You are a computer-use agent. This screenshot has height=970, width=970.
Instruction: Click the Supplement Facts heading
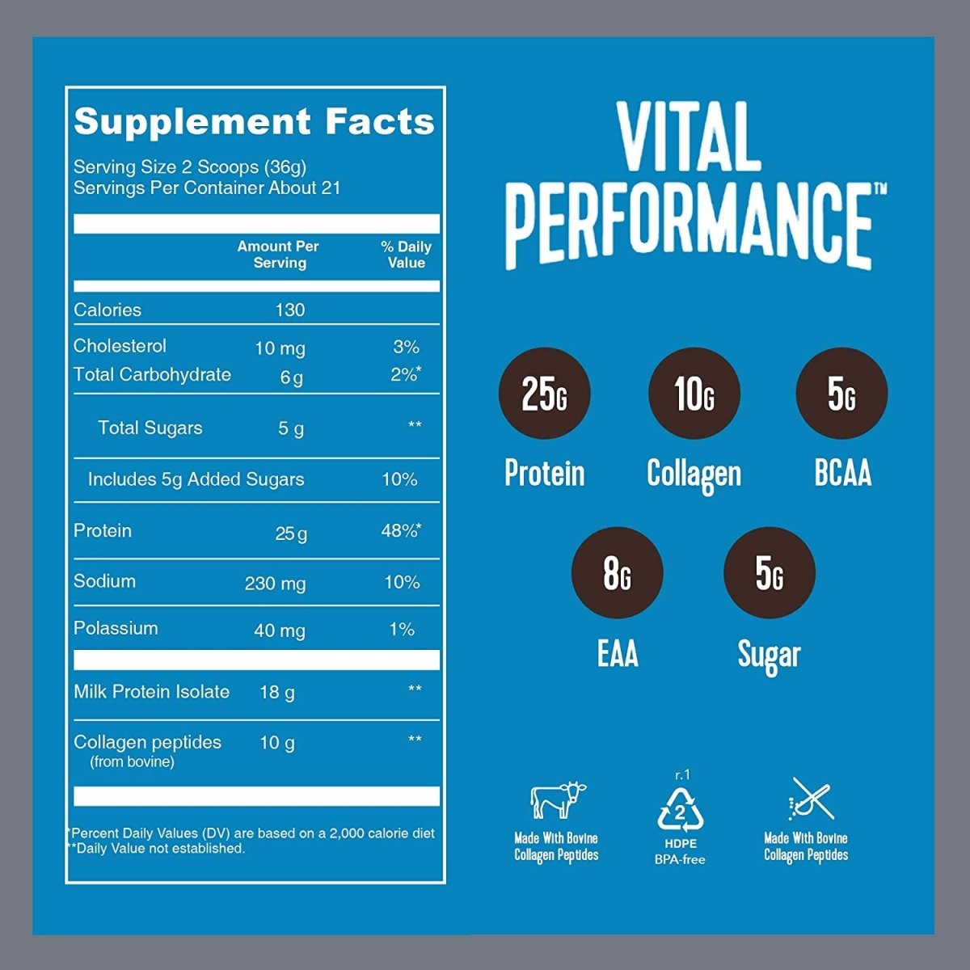coord(254,121)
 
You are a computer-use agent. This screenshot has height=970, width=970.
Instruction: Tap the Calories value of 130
coord(289,310)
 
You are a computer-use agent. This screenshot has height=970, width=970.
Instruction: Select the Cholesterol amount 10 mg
coord(280,348)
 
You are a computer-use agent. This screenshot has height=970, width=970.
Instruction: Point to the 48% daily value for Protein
coord(400,531)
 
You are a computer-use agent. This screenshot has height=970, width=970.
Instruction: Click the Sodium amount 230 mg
coord(275,583)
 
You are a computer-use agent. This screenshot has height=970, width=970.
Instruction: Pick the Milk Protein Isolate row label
coord(151,692)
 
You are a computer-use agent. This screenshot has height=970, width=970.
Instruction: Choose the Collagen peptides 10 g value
coord(276,743)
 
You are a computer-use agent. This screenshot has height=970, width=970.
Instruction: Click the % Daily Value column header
coord(406,255)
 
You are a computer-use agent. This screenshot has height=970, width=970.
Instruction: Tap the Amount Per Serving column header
coord(279,255)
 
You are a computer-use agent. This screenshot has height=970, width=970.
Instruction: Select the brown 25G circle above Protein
coord(544,394)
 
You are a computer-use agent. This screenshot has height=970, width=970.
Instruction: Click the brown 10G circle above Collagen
coord(694,394)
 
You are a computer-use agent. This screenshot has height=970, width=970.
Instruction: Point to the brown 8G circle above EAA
coord(617,573)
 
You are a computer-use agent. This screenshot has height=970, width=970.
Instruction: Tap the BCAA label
coord(842,474)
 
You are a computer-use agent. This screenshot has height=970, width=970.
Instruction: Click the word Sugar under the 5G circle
coord(769,655)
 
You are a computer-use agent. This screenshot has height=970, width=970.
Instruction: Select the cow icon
coord(557,800)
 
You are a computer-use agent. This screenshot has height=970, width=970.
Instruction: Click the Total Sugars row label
coord(150,428)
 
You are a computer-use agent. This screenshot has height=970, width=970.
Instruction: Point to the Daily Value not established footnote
coord(158,849)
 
